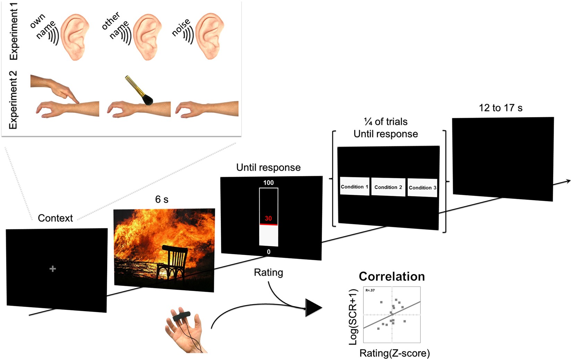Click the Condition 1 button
coord(354,186)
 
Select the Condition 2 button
coord(388,187)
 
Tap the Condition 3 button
coord(422,187)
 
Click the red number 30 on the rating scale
coord(268,218)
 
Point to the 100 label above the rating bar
coord(268,183)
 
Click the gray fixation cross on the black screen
coord(53,269)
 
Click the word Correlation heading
coord(392,276)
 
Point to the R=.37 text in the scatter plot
coord(370,290)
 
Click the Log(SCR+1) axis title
coord(353,317)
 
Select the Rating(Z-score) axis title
coord(395,353)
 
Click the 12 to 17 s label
coord(500,108)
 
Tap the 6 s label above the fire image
coord(162,199)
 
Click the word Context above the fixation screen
coord(55,218)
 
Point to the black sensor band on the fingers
coord(182,315)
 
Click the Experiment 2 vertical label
coord(13,100)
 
